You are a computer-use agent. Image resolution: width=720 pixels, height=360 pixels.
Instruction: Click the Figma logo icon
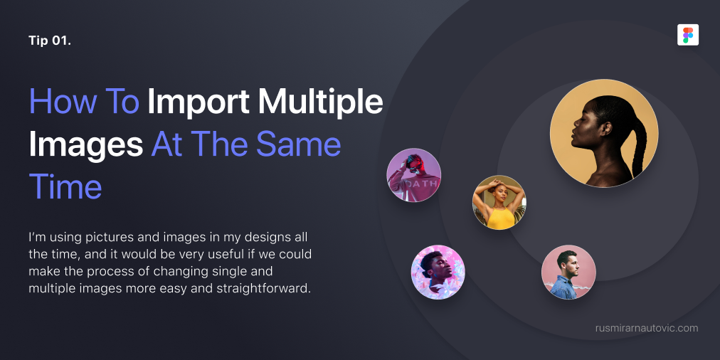[x=688, y=35]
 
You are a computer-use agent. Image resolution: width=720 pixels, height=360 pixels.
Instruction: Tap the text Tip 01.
[x=50, y=41]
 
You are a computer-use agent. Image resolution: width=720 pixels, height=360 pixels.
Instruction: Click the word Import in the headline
[x=198, y=101]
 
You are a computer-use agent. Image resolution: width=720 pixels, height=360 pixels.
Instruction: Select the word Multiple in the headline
[x=320, y=101]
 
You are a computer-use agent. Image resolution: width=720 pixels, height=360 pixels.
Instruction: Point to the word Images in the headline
[x=86, y=145]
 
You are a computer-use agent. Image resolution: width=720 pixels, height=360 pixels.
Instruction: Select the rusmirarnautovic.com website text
[x=647, y=328]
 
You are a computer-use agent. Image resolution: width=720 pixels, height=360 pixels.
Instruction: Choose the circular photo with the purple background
[x=414, y=175]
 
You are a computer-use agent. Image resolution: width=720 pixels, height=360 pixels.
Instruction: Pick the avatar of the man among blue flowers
[x=438, y=272]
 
